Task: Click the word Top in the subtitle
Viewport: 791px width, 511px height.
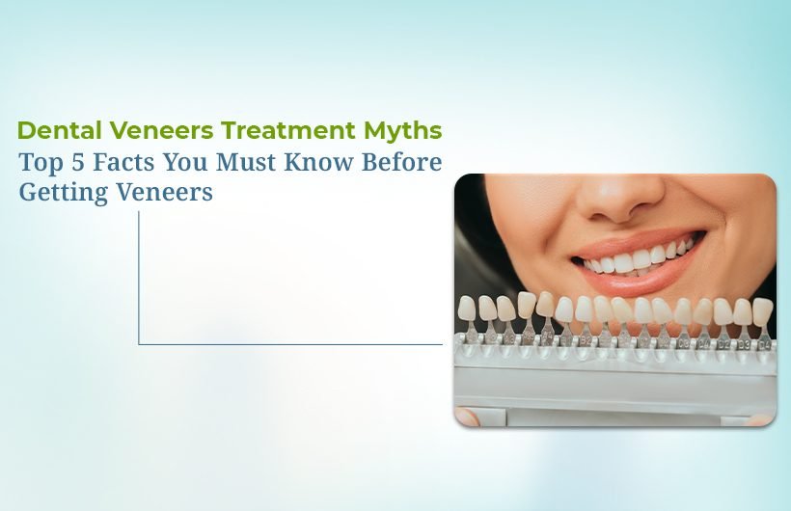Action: [41, 162]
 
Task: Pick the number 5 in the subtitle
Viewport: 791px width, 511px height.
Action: [81, 162]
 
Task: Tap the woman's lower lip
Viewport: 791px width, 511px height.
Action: [637, 275]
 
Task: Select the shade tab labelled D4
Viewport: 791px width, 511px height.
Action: [762, 342]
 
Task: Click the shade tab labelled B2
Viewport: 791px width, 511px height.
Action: [585, 340]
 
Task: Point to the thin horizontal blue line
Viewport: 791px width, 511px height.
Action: [289, 344]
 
